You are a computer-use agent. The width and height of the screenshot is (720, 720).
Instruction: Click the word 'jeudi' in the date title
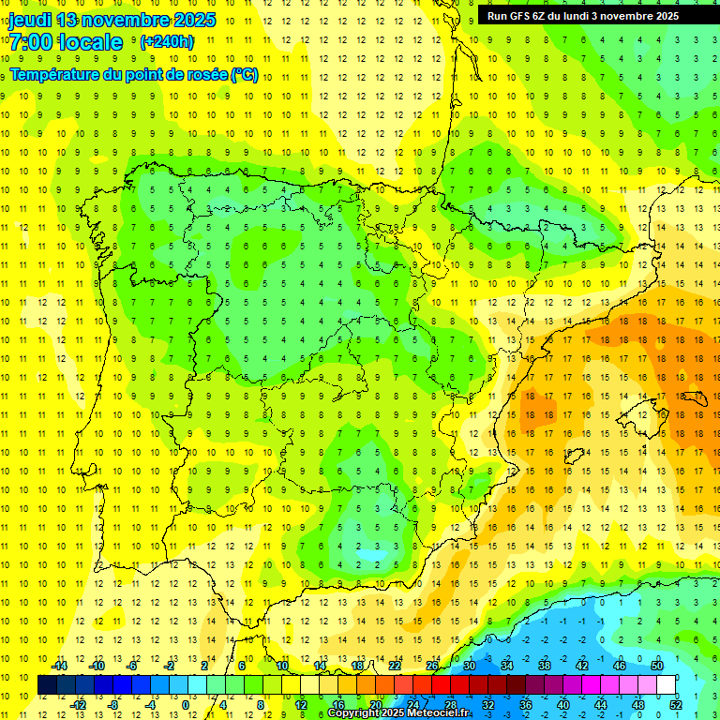[x=29, y=21]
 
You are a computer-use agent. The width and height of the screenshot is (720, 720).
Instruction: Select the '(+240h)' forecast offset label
[x=167, y=42]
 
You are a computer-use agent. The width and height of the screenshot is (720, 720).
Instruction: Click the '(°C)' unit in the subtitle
[x=244, y=75]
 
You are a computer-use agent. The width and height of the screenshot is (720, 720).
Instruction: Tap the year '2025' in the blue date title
[x=193, y=21]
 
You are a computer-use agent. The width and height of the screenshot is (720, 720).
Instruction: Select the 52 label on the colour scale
[x=675, y=705]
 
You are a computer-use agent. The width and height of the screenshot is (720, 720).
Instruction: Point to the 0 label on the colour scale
[x=186, y=705]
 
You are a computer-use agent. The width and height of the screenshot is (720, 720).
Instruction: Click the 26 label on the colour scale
[x=432, y=666]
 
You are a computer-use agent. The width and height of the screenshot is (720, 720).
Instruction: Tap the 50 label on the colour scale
[x=656, y=666]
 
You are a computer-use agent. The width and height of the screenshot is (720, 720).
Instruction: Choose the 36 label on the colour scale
[x=525, y=705]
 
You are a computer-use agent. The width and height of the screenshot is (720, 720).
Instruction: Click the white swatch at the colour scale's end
[x=666, y=685]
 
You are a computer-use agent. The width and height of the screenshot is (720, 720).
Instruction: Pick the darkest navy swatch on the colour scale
[x=47, y=685]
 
